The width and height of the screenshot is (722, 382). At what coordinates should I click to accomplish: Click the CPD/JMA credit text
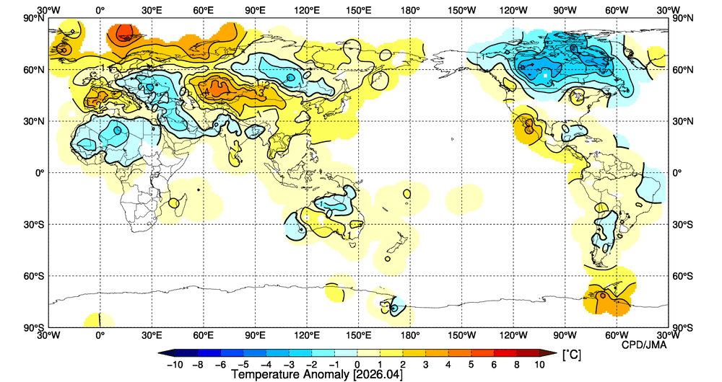click(644, 345)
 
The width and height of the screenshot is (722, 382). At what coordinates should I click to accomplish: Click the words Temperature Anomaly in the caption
click(290, 375)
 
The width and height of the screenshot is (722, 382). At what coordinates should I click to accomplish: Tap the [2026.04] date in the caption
click(377, 375)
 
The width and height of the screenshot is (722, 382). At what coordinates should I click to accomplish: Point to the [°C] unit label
click(571, 355)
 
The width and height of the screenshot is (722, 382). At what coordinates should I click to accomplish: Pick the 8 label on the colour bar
click(517, 365)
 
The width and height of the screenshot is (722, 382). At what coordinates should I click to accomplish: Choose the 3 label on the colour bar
click(425, 365)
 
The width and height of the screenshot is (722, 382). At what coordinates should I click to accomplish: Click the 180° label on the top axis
click(410, 10)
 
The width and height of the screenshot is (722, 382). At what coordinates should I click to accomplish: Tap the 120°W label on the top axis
click(513, 10)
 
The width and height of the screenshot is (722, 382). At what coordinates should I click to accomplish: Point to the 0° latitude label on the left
click(40, 173)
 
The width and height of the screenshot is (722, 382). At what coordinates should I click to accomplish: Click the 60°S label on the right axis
click(682, 276)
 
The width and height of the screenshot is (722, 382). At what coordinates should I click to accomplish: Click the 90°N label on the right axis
click(682, 18)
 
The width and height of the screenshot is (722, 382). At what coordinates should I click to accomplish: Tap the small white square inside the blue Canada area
click(545, 75)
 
